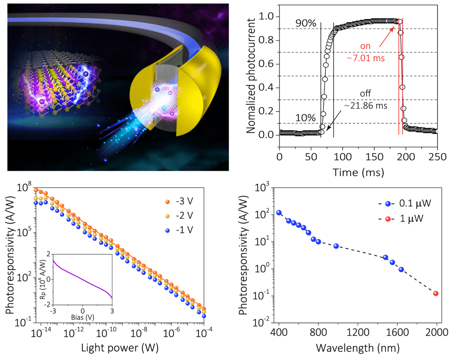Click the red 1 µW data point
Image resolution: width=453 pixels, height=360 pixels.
(436, 293)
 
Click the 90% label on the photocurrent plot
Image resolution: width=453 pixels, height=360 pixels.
(307, 21)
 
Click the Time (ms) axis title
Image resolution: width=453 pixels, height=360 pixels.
(358, 172)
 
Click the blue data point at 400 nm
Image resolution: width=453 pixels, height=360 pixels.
(279, 213)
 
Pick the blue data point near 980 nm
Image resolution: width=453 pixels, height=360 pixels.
(336, 246)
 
